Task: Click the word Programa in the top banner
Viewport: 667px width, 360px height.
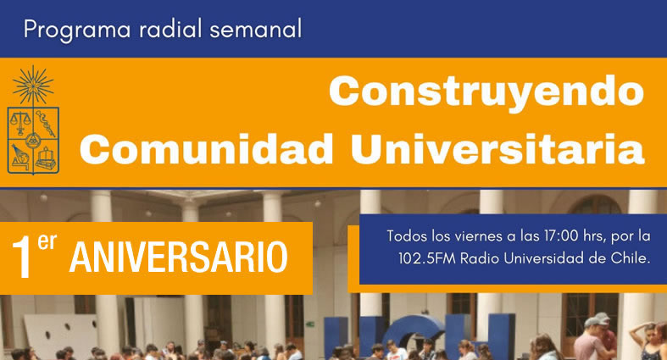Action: pyautogui.click(x=77, y=30)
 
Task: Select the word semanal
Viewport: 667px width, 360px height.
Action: pyautogui.click(x=256, y=30)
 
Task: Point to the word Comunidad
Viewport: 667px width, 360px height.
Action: pyautogui.click(x=206, y=149)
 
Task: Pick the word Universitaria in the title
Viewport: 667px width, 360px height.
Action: pyautogui.click(x=497, y=148)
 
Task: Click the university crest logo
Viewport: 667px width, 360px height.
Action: pyautogui.click(x=33, y=119)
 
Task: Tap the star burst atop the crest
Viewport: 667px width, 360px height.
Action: pyautogui.click(x=33, y=85)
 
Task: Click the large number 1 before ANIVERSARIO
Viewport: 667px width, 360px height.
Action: pyautogui.click(x=22, y=258)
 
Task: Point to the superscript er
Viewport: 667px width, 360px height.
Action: pyautogui.click(x=47, y=242)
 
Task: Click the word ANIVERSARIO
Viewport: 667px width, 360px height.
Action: pyautogui.click(x=179, y=257)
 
